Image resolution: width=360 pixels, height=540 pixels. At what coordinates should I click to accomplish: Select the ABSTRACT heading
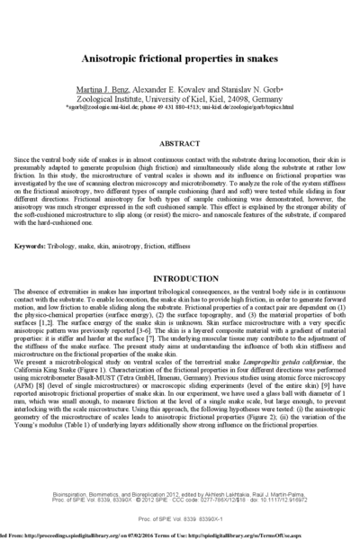point(179,143)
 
